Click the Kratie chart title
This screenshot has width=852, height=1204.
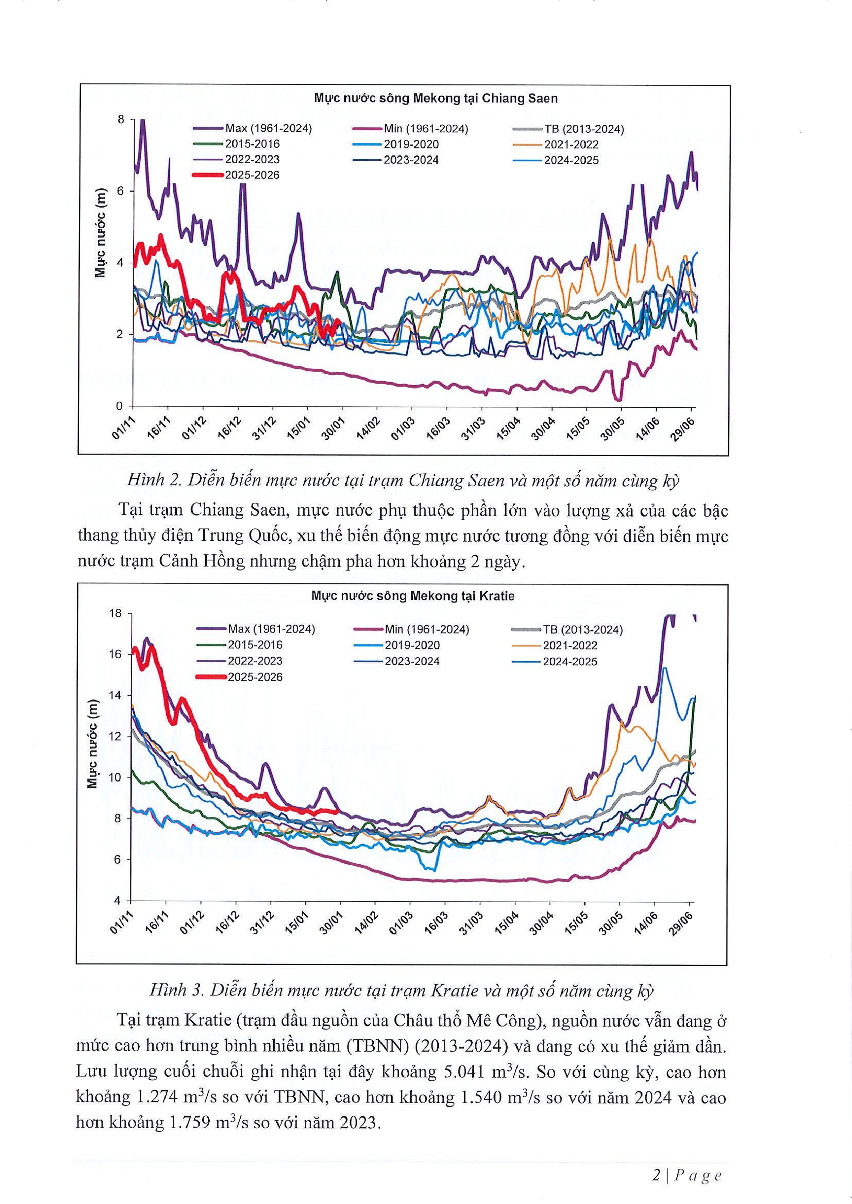coord(412,596)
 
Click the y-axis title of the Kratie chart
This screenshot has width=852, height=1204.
coord(93,745)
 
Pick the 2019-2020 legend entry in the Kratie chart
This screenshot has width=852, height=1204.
coord(412,646)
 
